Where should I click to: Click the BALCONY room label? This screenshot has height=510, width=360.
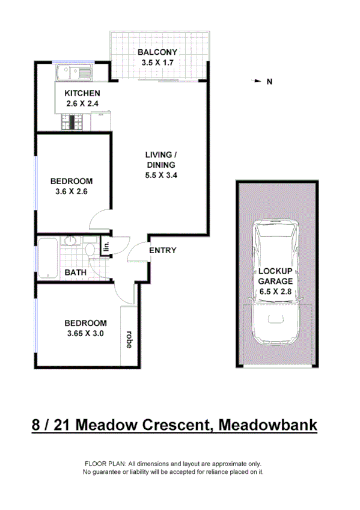point(160,52)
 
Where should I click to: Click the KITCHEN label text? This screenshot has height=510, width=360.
point(82,93)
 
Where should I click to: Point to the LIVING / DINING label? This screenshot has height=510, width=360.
point(160,160)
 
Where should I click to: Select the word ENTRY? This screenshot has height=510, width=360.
point(162,250)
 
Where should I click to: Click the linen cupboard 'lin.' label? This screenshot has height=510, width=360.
point(106,246)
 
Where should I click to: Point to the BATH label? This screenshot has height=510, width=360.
point(76,272)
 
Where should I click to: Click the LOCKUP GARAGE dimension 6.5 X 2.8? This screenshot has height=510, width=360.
point(276,291)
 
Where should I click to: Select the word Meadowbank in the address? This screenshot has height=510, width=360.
point(268,426)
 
